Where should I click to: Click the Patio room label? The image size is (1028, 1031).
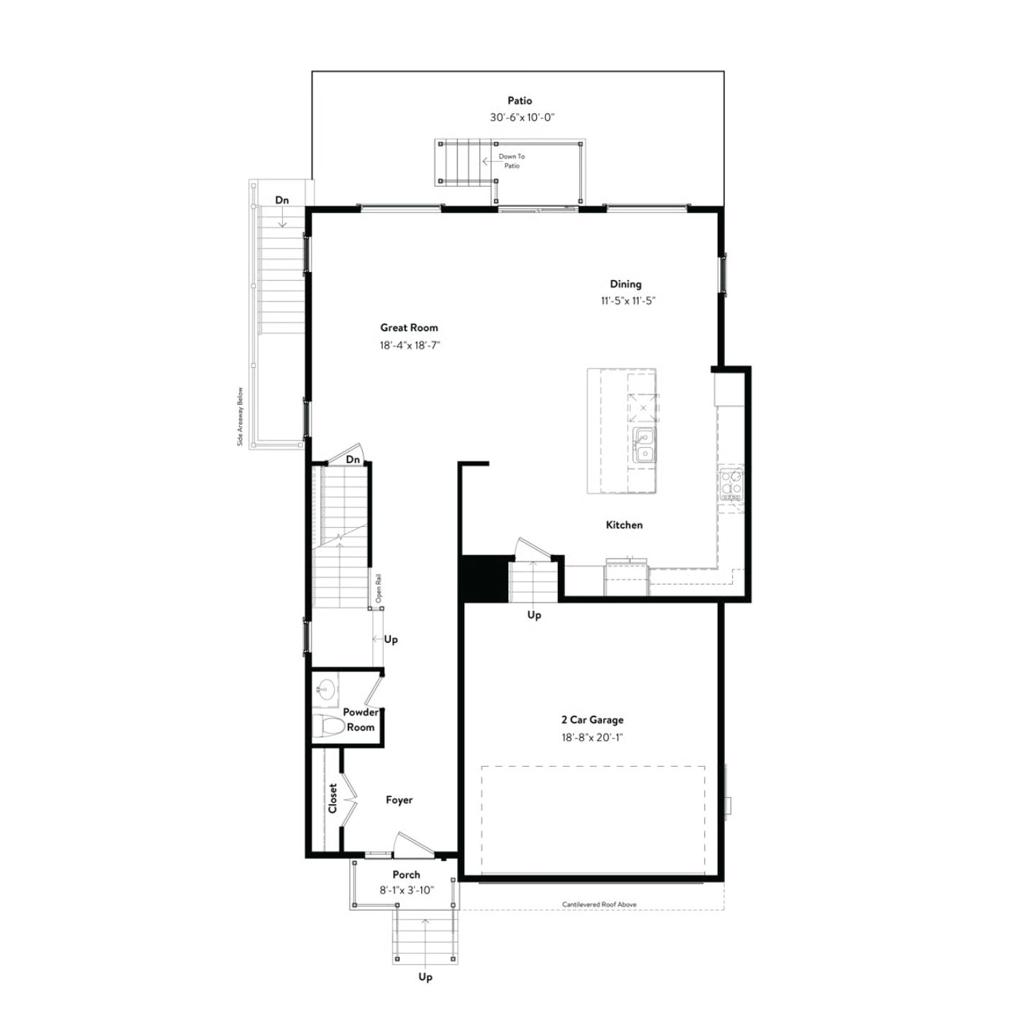519,101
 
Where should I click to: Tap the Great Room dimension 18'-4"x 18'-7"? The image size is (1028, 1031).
410,345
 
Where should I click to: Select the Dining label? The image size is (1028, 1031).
626,284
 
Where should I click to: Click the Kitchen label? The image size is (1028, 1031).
624,525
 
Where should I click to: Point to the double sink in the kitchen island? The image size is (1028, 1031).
644,445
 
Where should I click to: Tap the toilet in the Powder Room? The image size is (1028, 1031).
328,726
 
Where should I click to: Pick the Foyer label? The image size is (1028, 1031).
399,799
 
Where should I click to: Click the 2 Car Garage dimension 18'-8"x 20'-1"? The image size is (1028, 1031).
592,737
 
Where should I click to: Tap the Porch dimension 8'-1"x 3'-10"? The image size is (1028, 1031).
406,890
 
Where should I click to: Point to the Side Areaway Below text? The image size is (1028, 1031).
240,416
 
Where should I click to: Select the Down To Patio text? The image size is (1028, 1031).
512,161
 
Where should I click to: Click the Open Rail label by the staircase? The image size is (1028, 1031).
379,588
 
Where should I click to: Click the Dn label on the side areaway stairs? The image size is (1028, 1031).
282,200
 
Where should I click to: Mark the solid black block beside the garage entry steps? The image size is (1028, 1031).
484,579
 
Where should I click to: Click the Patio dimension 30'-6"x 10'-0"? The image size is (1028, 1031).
522,117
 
